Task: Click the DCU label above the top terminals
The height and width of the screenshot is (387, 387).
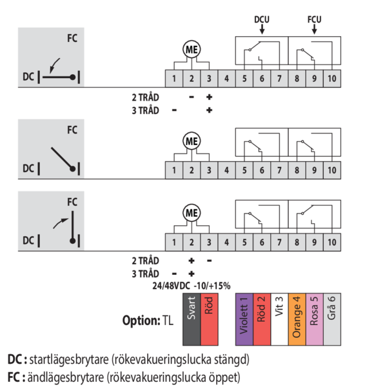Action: tap(261, 19)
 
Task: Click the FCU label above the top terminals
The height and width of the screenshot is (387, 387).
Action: tap(314, 19)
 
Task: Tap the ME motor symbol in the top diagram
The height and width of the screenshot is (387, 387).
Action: tap(191, 49)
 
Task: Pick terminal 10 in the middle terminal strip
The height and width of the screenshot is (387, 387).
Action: tap(331, 170)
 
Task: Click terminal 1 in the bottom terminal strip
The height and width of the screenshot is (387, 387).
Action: tap(174, 242)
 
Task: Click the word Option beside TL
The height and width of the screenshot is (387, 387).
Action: tap(140, 320)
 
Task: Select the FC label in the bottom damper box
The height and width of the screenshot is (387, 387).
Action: tap(72, 201)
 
